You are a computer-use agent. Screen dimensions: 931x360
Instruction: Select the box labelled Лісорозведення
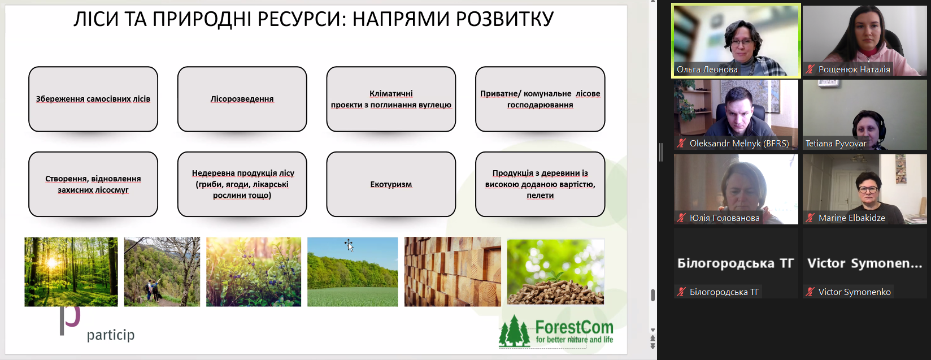point(242,99)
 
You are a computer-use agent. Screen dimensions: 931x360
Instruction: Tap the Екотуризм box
point(391,184)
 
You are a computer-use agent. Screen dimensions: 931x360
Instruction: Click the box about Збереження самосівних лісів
point(93,99)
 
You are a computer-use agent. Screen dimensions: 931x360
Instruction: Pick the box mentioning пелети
point(540,184)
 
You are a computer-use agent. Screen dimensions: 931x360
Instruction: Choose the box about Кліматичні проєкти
point(391,99)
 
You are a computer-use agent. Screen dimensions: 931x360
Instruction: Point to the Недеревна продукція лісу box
point(242,184)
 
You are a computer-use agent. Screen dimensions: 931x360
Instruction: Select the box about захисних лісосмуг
point(93,184)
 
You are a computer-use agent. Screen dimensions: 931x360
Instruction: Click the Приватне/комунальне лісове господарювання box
point(540,99)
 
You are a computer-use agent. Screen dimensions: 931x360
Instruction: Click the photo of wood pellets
point(556,272)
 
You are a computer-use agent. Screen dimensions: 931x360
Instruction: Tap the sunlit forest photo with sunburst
point(71,272)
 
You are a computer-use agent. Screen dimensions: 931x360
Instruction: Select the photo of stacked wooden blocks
point(453,272)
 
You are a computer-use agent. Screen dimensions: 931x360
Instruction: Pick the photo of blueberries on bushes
point(254,272)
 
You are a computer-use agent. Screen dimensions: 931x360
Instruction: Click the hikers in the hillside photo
point(152,290)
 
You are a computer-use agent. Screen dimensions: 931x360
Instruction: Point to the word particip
point(111,335)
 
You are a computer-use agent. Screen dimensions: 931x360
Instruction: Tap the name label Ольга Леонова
point(707,70)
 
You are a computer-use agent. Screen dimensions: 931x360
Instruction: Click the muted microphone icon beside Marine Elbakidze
point(810,218)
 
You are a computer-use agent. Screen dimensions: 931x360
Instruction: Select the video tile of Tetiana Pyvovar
point(864,115)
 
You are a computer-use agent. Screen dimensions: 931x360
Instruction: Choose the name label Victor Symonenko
point(854,292)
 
